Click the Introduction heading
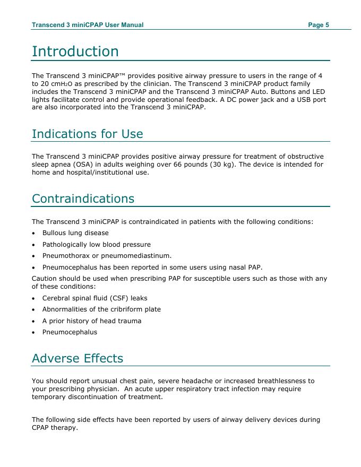point(75,51)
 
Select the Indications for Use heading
point(87,134)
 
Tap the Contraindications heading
point(83,198)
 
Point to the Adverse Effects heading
point(77,358)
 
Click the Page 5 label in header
point(319,25)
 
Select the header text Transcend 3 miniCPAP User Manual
point(88,25)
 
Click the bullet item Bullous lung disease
point(75,233)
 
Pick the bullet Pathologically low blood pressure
point(96,245)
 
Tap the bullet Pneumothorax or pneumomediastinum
point(99,256)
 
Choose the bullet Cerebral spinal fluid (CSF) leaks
point(94,298)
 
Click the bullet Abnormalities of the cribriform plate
point(101,309)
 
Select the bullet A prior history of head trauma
point(92,321)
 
